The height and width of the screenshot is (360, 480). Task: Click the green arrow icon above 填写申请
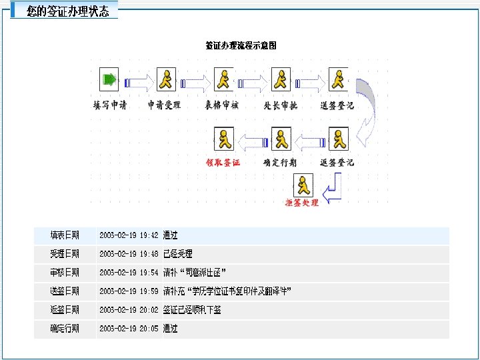tap(109, 80)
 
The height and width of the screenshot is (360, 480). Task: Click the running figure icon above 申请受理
tap(165, 80)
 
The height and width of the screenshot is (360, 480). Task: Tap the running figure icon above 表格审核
tap(223, 80)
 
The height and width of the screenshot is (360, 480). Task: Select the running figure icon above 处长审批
tap(281, 80)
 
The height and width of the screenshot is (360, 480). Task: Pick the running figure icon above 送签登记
tap(339, 80)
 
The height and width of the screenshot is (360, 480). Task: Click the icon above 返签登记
tap(339, 138)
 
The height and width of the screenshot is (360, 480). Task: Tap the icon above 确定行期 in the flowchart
tap(281, 138)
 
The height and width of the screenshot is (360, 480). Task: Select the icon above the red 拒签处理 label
tap(303, 185)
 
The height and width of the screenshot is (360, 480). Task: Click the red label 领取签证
tap(223, 163)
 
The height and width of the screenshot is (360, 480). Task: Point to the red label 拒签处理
tap(302, 203)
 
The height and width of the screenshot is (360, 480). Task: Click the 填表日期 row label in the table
tap(65, 235)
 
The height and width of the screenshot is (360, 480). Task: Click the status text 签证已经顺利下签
tap(192, 310)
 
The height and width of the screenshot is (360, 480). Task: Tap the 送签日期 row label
tap(65, 291)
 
